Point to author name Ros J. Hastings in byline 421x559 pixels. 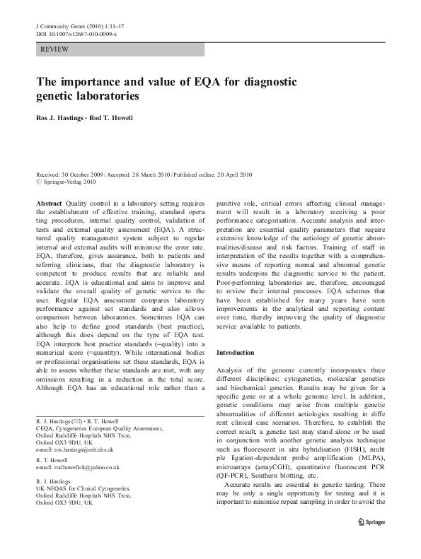pyautogui.click(x=58, y=118)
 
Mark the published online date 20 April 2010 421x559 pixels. pyautogui.click(x=238, y=175)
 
